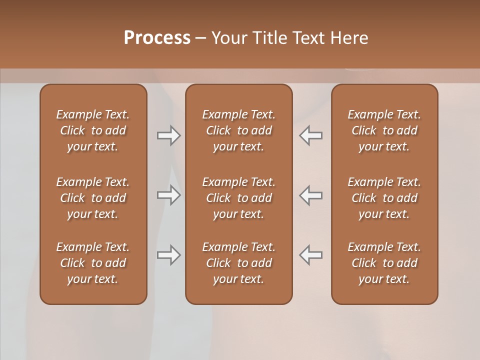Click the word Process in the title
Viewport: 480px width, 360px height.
(157, 38)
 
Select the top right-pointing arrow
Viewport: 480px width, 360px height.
(168, 135)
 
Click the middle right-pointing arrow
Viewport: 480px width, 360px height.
(168, 195)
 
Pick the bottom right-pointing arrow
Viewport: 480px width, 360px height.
(168, 255)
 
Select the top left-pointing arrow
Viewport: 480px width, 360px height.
(311, 135)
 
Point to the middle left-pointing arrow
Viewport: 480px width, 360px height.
(311, 195)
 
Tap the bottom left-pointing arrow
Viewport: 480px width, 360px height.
(311, 255)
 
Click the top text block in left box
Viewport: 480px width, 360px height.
(93, 130)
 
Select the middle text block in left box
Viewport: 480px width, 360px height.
(93, 198)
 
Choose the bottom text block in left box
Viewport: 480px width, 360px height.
(93, 263)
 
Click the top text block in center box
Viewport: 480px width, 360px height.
(239, 130)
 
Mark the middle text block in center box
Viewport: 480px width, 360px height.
(239, 198)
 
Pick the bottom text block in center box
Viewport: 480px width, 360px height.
(239, 263)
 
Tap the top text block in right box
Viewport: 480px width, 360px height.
(384, 130)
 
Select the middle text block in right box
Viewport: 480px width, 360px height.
(384, 198)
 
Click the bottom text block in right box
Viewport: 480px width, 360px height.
(384, 263)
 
